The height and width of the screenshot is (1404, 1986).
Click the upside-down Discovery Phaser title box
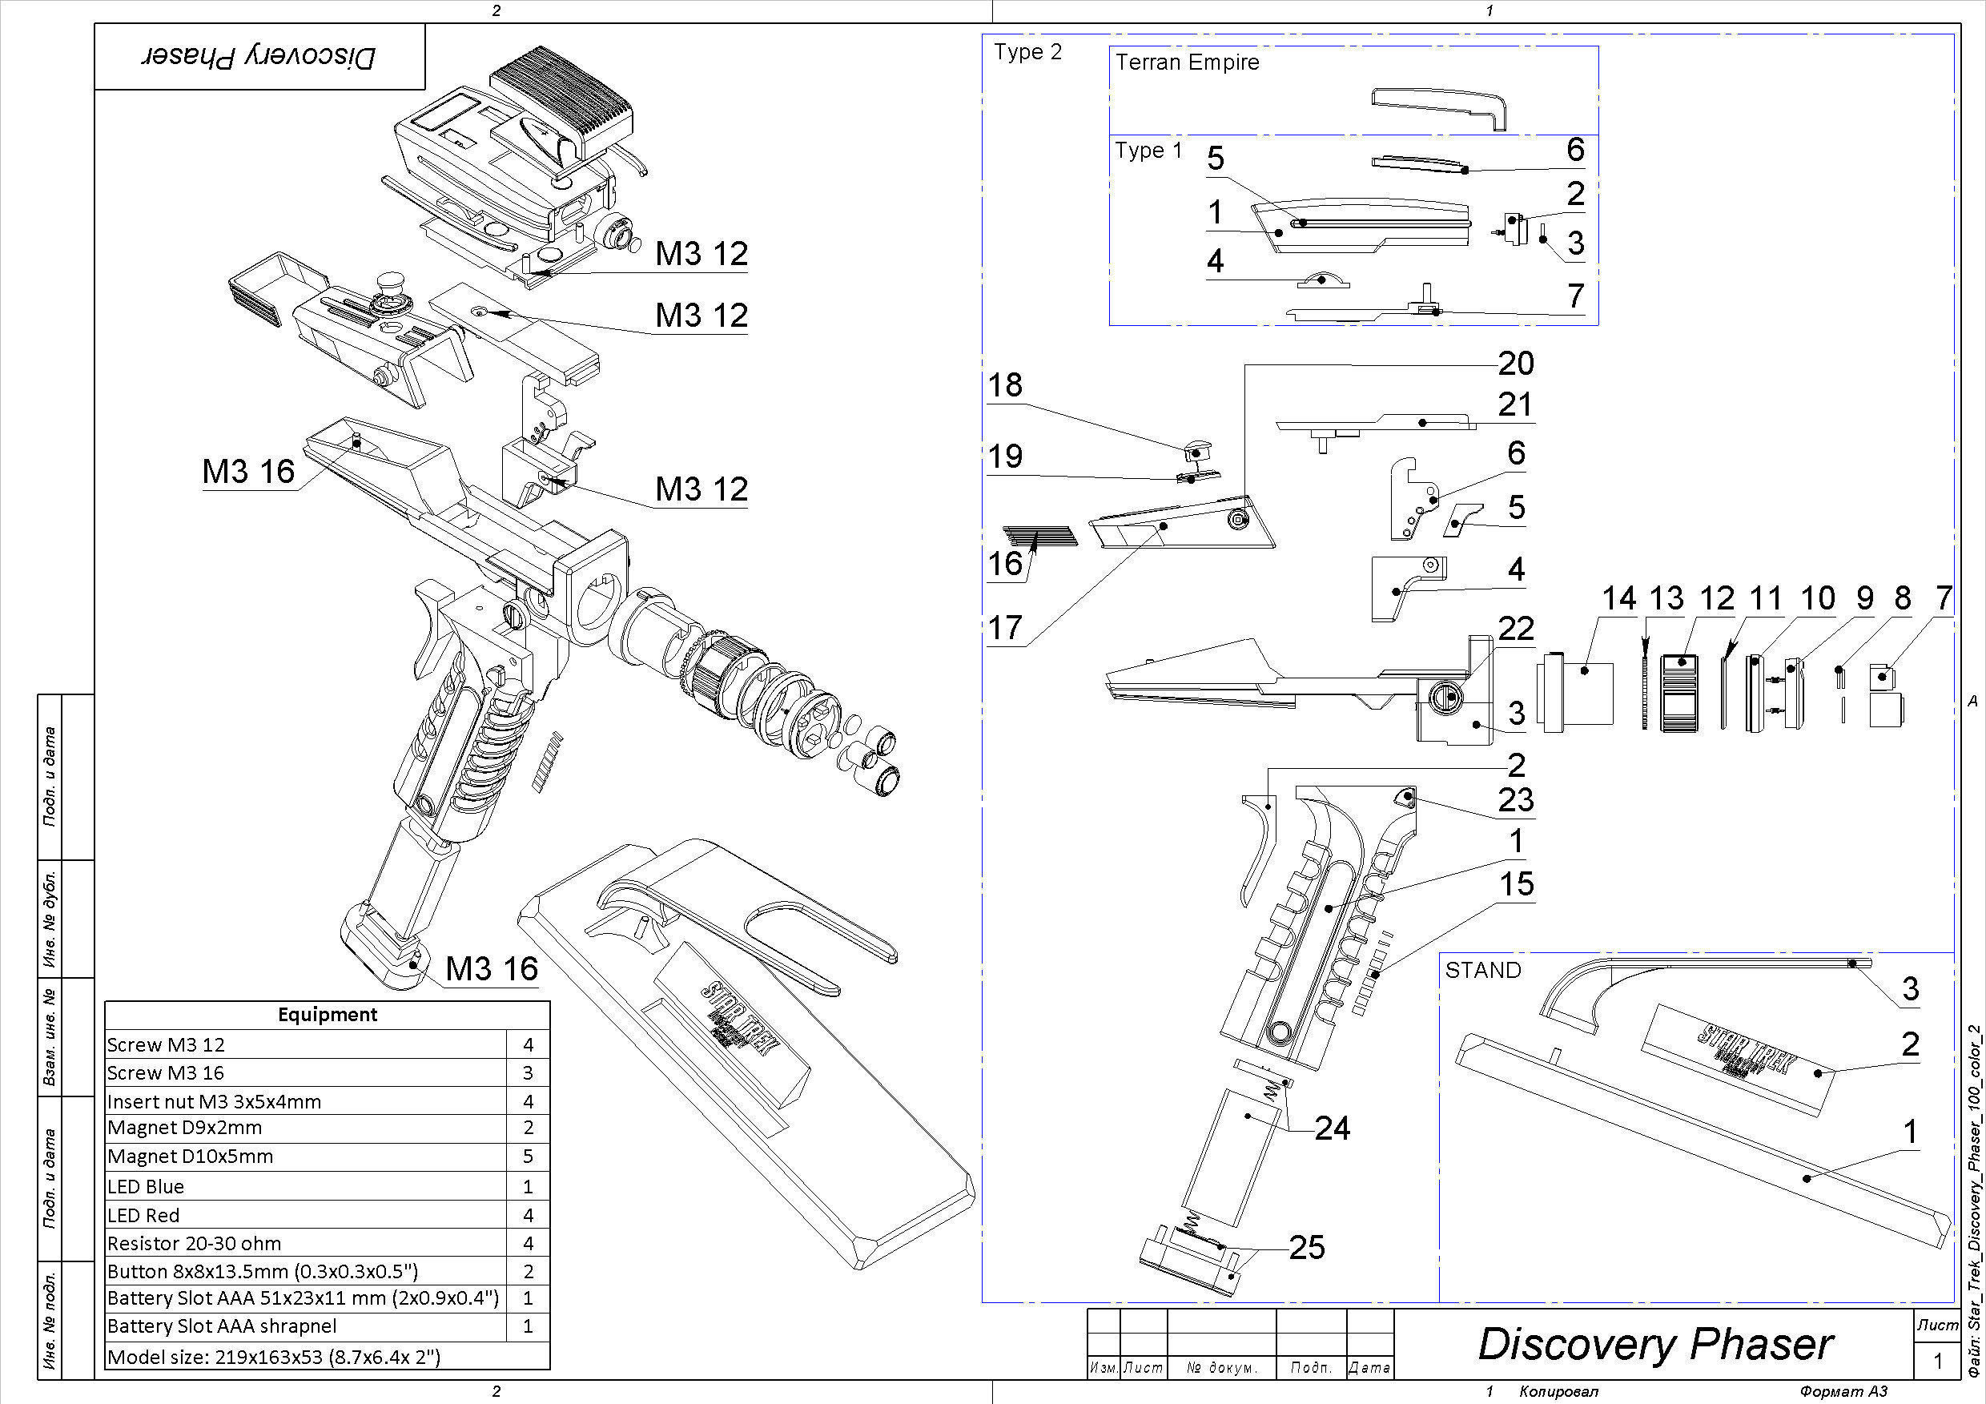(259, 57)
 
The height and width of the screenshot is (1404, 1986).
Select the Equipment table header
(327, 1015)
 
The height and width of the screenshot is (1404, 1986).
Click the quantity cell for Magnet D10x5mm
(528, 1157)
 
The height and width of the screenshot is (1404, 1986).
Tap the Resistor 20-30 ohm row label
(194, 1244)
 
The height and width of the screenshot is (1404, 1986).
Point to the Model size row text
(273, 1357)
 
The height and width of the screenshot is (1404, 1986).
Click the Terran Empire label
(1187, 62)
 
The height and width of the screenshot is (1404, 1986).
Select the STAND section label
(1482, 970)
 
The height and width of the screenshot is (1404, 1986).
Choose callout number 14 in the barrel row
(1618, 598)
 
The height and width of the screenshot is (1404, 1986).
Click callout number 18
(1005, 385)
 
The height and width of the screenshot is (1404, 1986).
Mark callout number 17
(1005, 627)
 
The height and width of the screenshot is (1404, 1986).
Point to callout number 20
(1515, 364)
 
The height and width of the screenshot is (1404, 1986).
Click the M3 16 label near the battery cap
(492, 969)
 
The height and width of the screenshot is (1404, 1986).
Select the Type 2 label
(1027, 52)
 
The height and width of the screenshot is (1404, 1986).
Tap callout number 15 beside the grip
(1516, 884)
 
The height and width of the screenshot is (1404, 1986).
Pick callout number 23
(1515, 800)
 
